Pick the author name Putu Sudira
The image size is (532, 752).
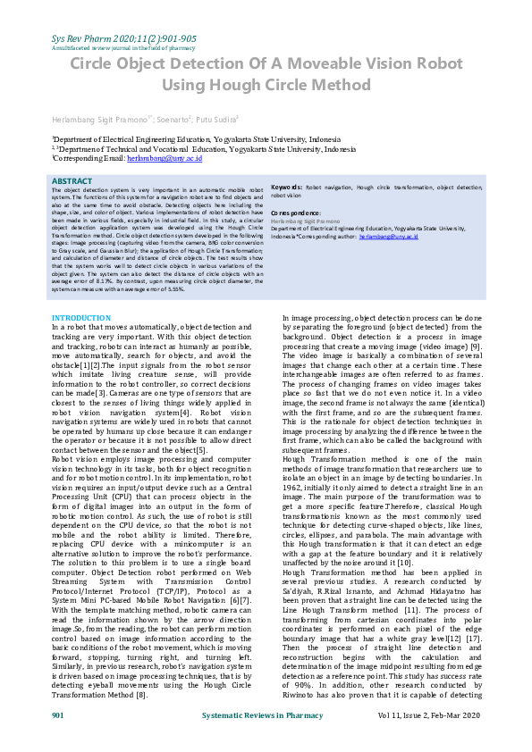tap(213, 119)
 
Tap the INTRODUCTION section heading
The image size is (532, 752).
tap(81, 318)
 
